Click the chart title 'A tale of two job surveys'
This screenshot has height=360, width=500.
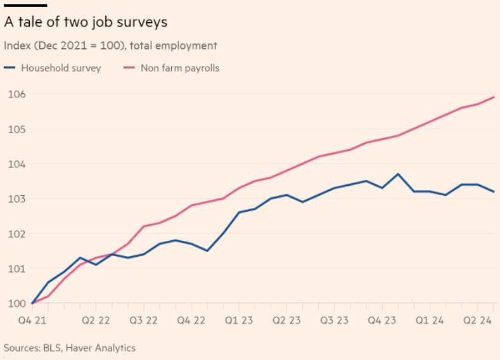pyautogui.click(x=86, y=22)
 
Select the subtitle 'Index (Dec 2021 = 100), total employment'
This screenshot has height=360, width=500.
pyautogui.click(x=110, y=46)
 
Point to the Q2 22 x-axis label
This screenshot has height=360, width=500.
pyautogui.click(x=97, y=321)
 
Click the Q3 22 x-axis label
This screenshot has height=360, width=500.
pyautogui.click(x=144, y=321)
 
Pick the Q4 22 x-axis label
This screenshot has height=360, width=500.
pyautogui.click(x=191, y=321)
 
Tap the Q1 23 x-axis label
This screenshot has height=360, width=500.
pyautogui.click(x=240, y=321)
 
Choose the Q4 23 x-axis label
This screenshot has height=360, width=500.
pyautogui.click(x=382, y=321)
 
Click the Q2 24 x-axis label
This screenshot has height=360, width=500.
pyautogui.click(x=477, y=321)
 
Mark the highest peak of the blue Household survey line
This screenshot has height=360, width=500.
pyautogui.click(x=398, y=174)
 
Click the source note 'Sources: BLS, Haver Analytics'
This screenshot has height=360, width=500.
pyautogui.click(x=70, y=348)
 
